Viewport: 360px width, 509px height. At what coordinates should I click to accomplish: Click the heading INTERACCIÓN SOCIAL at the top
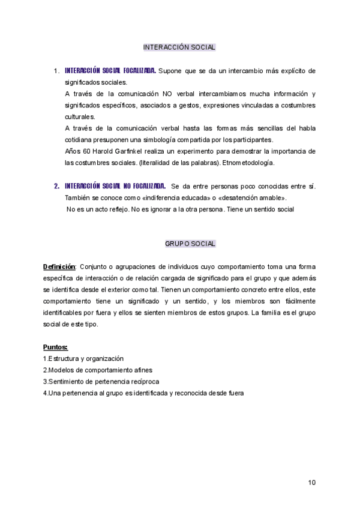179,47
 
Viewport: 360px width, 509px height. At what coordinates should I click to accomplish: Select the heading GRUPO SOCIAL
190,244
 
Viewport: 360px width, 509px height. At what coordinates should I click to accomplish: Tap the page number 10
311,482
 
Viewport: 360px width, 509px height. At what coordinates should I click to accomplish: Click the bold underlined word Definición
59,267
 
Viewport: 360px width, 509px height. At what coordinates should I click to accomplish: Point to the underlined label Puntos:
55,347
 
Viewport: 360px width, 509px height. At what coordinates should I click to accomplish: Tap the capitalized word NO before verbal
167,94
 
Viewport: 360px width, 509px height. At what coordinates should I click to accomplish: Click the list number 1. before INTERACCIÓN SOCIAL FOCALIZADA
56,71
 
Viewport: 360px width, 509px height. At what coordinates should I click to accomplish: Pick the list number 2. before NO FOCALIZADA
56,186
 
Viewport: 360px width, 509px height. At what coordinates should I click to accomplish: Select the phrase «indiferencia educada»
162,197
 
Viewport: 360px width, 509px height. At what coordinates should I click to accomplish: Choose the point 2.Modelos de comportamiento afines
96,370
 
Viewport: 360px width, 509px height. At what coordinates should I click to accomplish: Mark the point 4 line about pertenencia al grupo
143,393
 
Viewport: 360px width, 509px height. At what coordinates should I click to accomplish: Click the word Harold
107,151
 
